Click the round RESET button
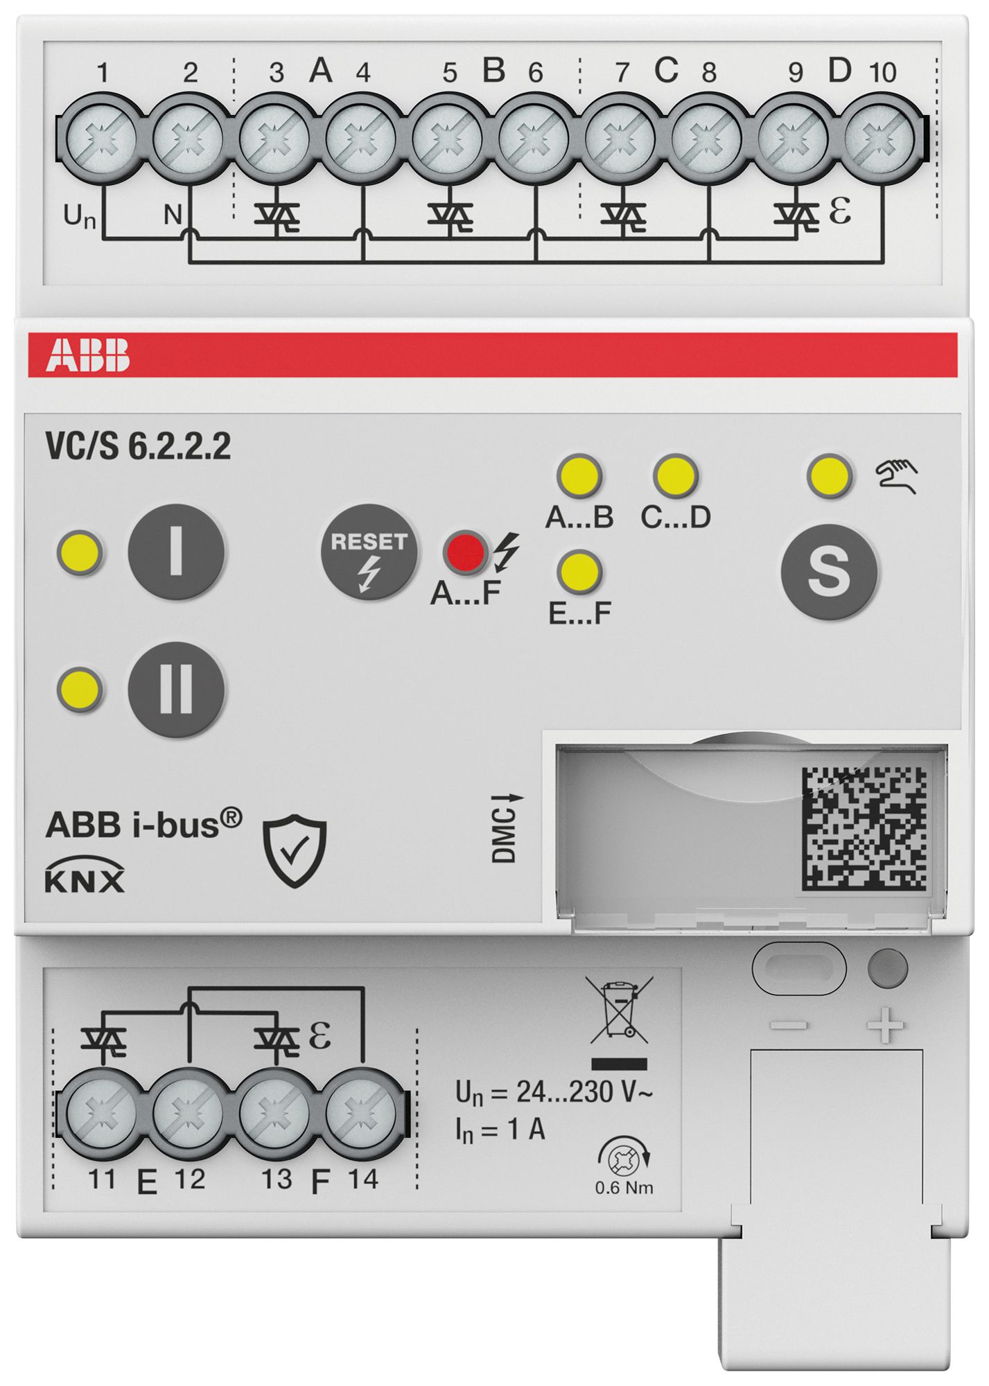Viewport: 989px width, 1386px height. tap(369, 552)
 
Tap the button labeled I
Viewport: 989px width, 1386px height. tap(176, 552)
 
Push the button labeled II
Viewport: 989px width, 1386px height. tap(176, 689)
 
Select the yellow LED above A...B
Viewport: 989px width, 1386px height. tap(579, 476)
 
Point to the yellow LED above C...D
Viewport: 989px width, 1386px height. tap(675, 476)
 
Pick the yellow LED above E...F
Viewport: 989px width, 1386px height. tap(579, 572)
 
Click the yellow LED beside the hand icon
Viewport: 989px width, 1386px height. tap(829, 476)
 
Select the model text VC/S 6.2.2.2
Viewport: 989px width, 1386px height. tap(138, 447)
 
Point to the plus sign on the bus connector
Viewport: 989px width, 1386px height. tap(886, 1026)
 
